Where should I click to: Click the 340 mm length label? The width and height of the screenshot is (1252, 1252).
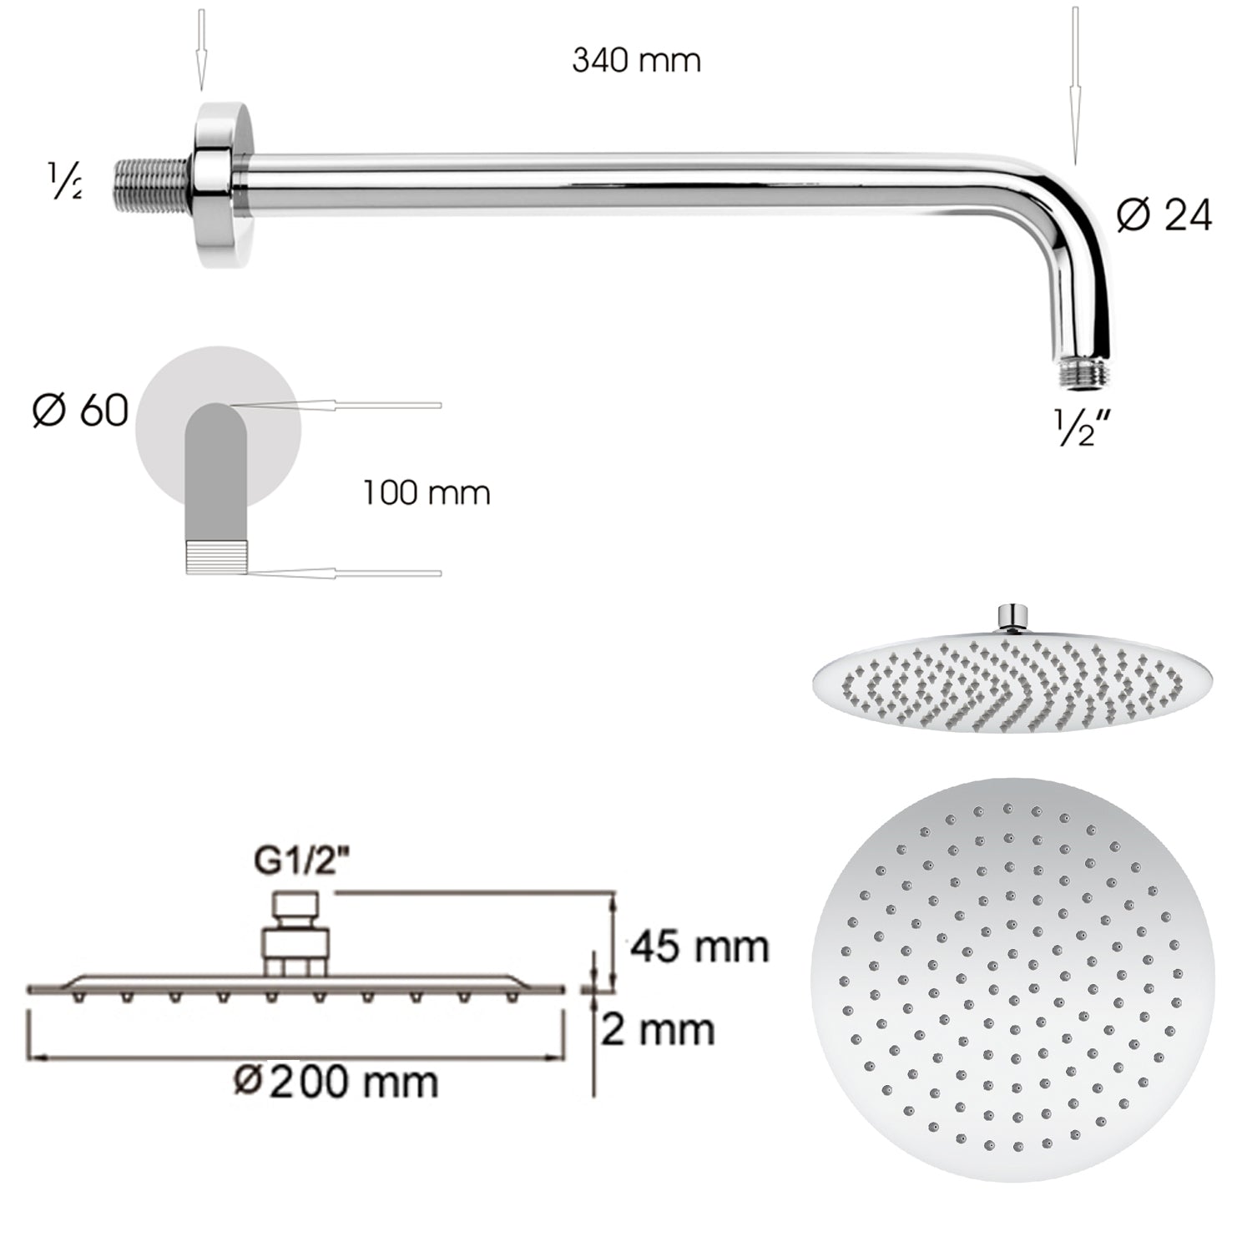click(x=636, y=61)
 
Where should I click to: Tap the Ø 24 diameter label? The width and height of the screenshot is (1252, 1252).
click(x=1164, y=216)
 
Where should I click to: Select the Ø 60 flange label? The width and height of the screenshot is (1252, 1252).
click(x=80, y=411)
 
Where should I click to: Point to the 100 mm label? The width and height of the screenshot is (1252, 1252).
click(x=427, y=492)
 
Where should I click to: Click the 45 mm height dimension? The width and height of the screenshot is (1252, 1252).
click(x=699, y=947)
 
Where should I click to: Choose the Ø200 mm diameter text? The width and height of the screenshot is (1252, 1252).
click(x=336, y=1082)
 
